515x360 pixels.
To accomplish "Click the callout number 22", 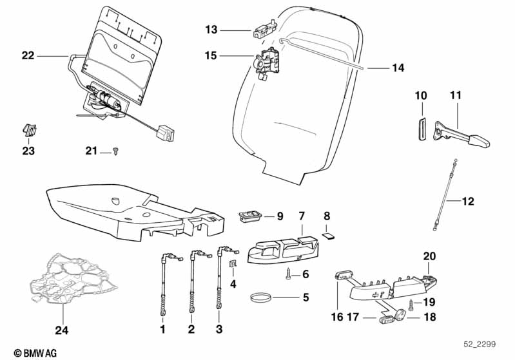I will pyautogui.click(x=27, y=55).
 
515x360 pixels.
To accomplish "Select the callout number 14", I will pyautogui.click(x=398, y=67).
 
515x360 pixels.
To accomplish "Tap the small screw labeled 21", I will pyautogui.click(x=115, y=151).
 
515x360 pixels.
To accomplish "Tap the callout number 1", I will pyautogui.click(x=162, y=330).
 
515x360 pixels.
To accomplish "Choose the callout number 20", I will pyautogui.click(x=429, y=256).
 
